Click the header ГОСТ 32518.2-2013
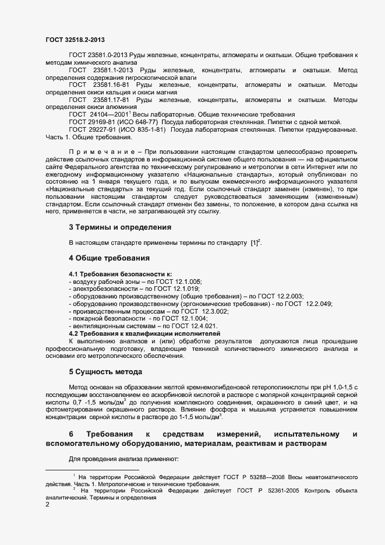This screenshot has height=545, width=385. coord(76,40)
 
